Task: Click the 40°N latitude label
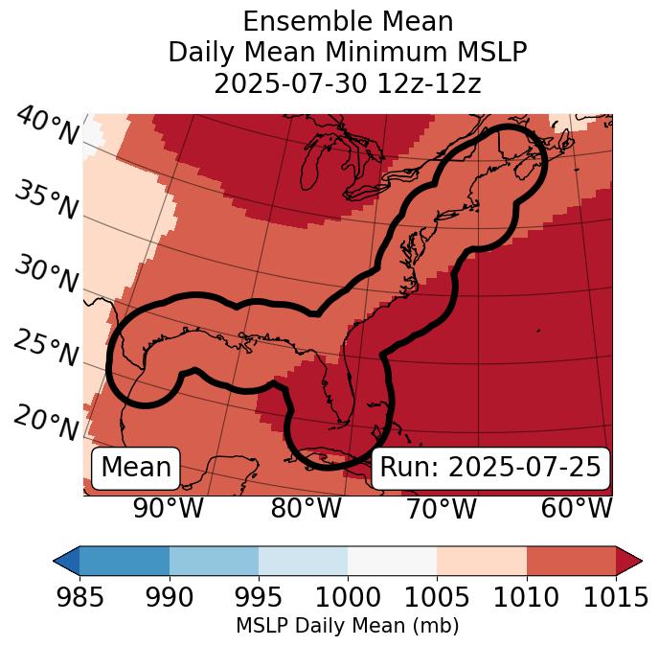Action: pyautogui.click(x=46, y=127)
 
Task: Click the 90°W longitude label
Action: pyautogui.click(x=169, y=508)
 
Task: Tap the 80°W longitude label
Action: pyautogui.click(x=306, y=508)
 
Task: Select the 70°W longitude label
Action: pyautogui.click(x=441, y=508)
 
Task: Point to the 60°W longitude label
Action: pyautogui.click(x=577, y=508)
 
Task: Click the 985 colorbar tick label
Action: pyautogui.click(x=80, y=597)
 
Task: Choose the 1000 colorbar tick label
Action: pyautogui.click(x=348, y=597)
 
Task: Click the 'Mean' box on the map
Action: pyautogui.click(x=136, y=468)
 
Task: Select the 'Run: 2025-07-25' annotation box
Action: pyautogui.click(x=490, y=468)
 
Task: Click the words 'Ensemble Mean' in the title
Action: pyautogui.click(x=348, y=21)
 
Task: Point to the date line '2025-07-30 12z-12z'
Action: pyautogui.click(x=348, y=83)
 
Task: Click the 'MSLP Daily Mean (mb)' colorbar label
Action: pyautogui.click(x=348, y=626)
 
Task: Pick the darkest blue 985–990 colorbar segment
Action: pyautogui.click(x=125, y=560)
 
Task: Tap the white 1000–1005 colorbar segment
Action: pyautogui.click(x=392, y=560)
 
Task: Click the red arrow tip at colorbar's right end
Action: pyautogui.click(x=632, y=560)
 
